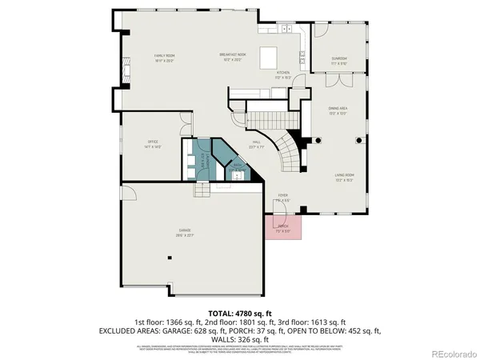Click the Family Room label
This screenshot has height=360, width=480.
tap(164, 58)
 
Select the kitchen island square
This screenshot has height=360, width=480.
tap(269, 58)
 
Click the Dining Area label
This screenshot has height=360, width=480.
tap(338, 110)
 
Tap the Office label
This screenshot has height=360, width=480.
tap(153, 145)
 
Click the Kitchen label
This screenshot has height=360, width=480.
tap(283, 74)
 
